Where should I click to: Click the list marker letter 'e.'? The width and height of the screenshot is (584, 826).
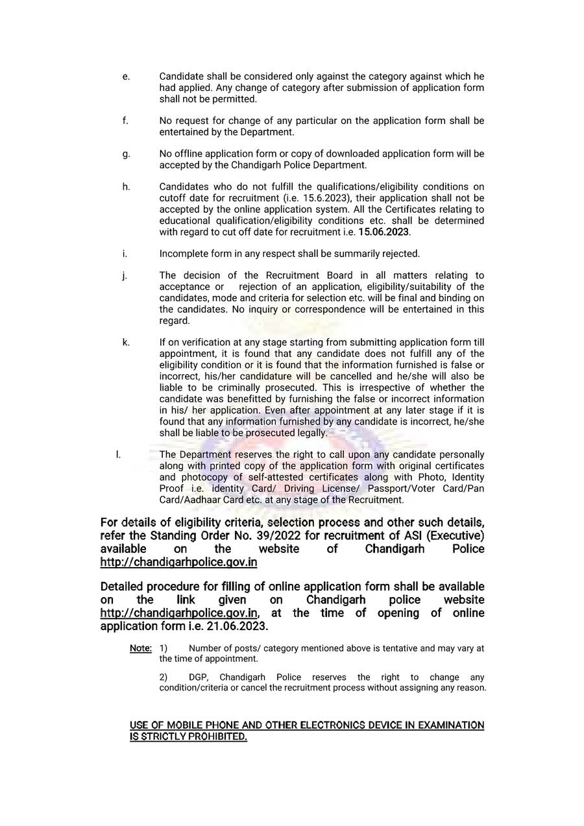tap(126, 77)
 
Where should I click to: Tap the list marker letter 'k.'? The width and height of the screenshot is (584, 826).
tap(126, 342)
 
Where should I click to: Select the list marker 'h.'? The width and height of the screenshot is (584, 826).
tap(126, 187)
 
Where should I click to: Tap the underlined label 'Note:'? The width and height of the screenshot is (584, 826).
tap(141, 648)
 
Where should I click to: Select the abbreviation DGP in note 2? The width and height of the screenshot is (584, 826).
tap(199, 677)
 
